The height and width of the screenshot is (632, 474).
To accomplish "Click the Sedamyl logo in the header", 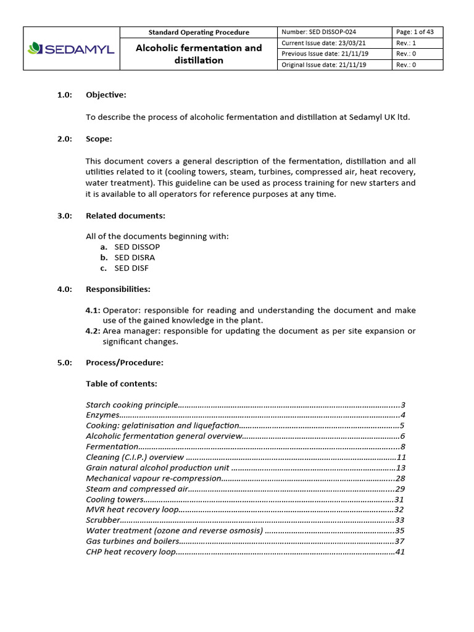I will pyautogui.click(x=71, y=49).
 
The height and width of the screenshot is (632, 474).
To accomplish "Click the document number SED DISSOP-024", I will pyautogui.click(x=318, y=32).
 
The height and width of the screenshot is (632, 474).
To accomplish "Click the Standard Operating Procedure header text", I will pyautogui.click(x=199, y=32).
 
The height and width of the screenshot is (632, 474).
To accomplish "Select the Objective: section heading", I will pyautogui.click(x=106, y=95).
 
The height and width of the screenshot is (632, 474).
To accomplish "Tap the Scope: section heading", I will pyautogui.click(x=99, y=139).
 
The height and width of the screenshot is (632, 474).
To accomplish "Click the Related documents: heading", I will pyautogui.click(x=125, y=215).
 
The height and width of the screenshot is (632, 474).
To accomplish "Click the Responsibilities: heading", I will pyautogui.click(x=118, y=289).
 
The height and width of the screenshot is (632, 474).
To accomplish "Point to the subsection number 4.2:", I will pyautogui.click(x=93, y=331).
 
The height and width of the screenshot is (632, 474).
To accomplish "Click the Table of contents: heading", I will pyautogui.click(x=121, y=384).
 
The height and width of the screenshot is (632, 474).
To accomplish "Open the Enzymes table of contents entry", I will pyautogui.click(x=102, y=415).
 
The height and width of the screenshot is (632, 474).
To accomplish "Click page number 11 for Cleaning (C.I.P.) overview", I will pyautogui.click(x=401, y=457).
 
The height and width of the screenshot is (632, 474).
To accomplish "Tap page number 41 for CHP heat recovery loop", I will pyautogui.click(x=400, y=552).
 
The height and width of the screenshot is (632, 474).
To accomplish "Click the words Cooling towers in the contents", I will pyautogui.click(x=114, y=499).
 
